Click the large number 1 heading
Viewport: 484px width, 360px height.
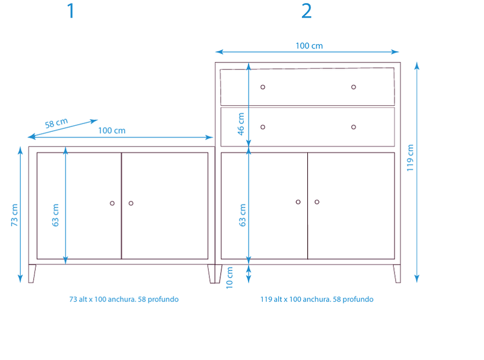(x=71, y=11)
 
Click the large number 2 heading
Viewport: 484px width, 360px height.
(x=307, y=11)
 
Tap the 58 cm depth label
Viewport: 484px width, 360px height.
(x=56, y=123)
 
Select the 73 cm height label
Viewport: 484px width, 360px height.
(x=15, y=215)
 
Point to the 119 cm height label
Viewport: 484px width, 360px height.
(x=410, y=158)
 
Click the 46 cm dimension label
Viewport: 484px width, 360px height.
(x=241, y=124)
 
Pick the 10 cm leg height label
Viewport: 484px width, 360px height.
(x=229, y=278)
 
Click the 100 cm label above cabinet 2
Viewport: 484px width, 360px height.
(x=309, y=46)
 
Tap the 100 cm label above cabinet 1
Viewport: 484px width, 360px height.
(x=112, y=130)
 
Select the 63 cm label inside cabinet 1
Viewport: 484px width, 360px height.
(x=55, y=215)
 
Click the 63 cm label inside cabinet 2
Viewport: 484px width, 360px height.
(x=243, y=215)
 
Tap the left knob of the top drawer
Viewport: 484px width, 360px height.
(x=263, y=87)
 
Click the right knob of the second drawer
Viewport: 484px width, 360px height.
(x=353, y=127)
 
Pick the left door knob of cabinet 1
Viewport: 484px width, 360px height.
(x=112, y=203)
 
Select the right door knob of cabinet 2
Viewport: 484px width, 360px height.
(x=316, y=202)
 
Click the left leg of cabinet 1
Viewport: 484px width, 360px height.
(x=32, y=273)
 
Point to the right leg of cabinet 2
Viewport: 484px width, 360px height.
(x=397, y=273)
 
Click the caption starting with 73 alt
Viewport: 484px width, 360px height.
(x=124, y=299)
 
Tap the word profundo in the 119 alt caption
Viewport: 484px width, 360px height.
(x=358, y=299)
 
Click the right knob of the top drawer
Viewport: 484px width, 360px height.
(x=353, y=87)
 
